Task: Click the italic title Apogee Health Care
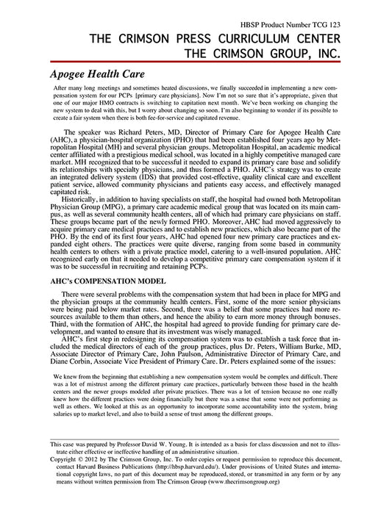pyautogui.click(x=97, y=75)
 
